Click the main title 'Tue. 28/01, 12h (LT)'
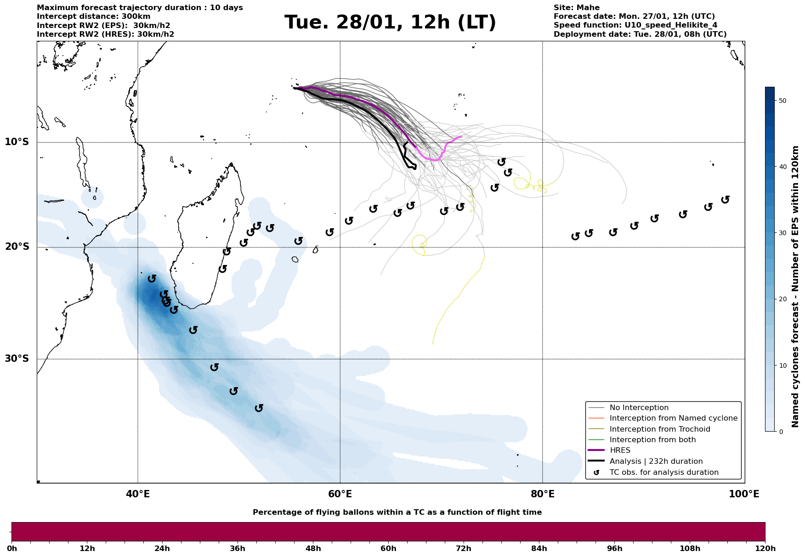click(390, 23)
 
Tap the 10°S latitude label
click(17, 142)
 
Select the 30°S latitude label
click(17, 359)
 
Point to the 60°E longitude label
click(340, 495)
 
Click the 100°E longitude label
click(744, 495)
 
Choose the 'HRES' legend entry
click(620, 450)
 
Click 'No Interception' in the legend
click(639, 408)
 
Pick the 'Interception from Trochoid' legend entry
click(659, 429)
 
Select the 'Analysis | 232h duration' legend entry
click(656, 461)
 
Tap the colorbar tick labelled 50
click(782, 101)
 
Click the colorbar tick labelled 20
click(782, 299)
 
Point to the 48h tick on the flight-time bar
click(313, 549)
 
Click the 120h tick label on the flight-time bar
click(765, 549)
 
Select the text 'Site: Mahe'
click(576, 8)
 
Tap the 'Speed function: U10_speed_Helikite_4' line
click(635, 25)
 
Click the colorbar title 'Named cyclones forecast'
click(795, 287)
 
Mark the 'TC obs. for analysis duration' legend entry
click(663, 473)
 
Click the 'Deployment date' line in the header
click(640, 34)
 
